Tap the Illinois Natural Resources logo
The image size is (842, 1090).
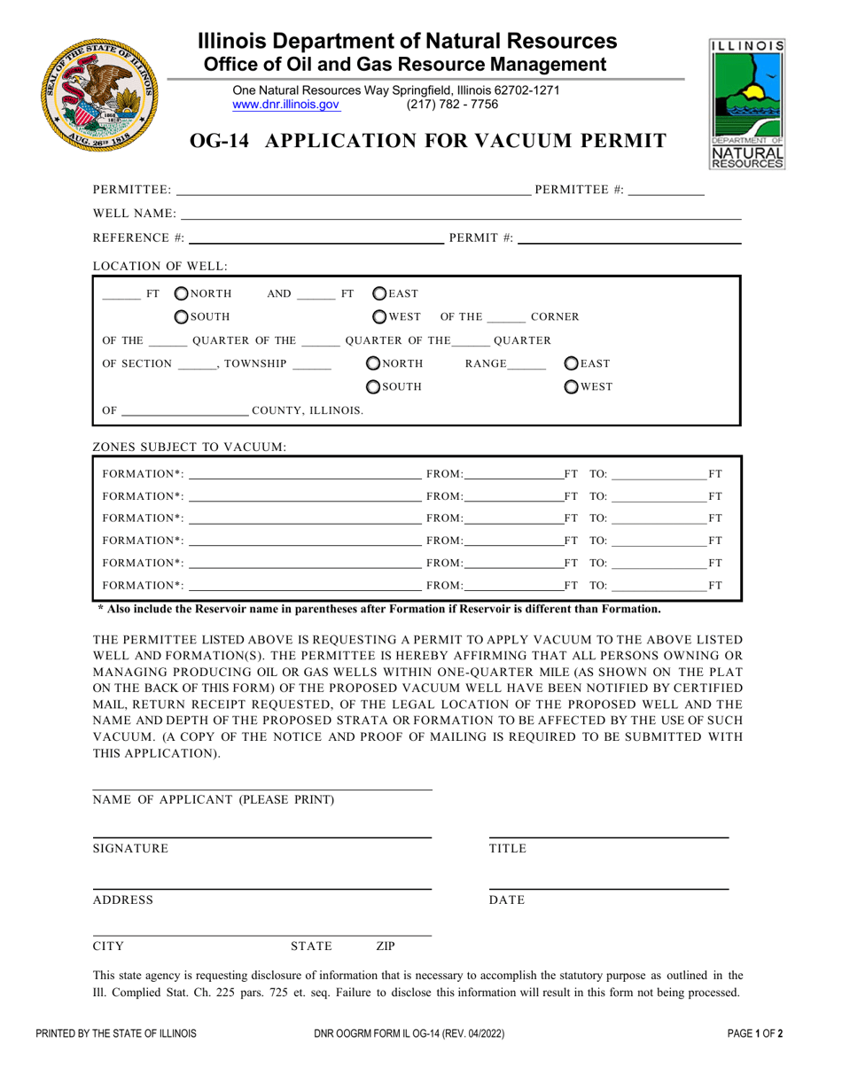click(746, 104)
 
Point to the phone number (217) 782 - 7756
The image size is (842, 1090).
click(452, 105)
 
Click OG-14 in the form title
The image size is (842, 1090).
click(225, 140)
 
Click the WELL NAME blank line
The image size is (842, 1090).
click(461, 214)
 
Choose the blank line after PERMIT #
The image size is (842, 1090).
click(629, 237)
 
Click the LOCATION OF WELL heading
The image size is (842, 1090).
click(160, 265)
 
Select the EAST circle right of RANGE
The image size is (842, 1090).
click(573, 363)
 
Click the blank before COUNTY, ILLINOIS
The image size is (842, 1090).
click(184, 410)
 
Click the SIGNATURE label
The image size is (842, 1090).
click(130, 849)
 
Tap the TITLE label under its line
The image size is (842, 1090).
click(508, 849)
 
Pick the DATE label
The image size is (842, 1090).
click(507, 900)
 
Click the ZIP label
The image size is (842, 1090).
click(386, 946)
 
